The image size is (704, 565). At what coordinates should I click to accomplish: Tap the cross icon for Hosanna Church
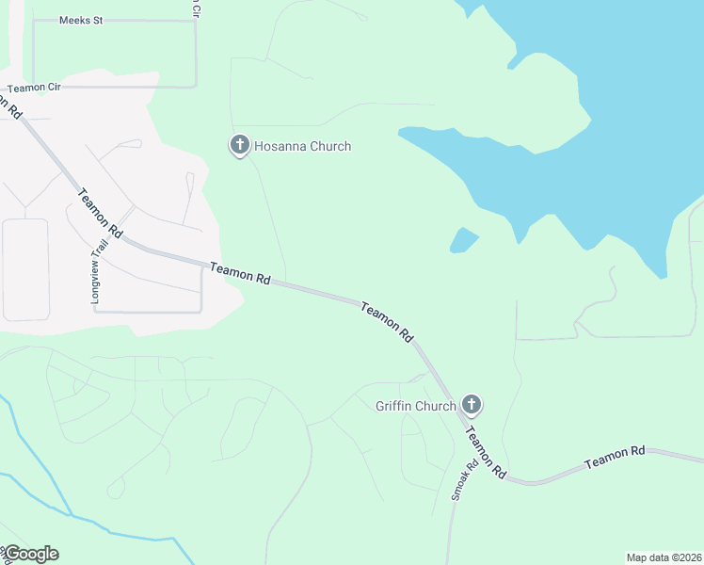[240, 145]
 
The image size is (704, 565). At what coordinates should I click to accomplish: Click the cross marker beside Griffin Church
[472, 405]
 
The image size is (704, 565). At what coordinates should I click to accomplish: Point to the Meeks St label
[80, 20]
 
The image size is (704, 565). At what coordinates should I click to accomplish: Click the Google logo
[30, 554]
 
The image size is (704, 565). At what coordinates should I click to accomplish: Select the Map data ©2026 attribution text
[664, 557]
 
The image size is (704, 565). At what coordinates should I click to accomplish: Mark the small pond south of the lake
[463, 240]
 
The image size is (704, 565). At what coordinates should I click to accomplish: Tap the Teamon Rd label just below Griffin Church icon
[486, 451]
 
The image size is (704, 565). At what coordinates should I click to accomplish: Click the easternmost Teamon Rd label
[615, 458]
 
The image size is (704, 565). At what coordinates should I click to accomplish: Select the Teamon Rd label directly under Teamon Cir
[13, 106]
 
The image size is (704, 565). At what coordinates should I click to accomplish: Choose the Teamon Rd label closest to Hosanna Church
[241, 274]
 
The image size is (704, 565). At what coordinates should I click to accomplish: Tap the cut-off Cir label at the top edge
[196, 8]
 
